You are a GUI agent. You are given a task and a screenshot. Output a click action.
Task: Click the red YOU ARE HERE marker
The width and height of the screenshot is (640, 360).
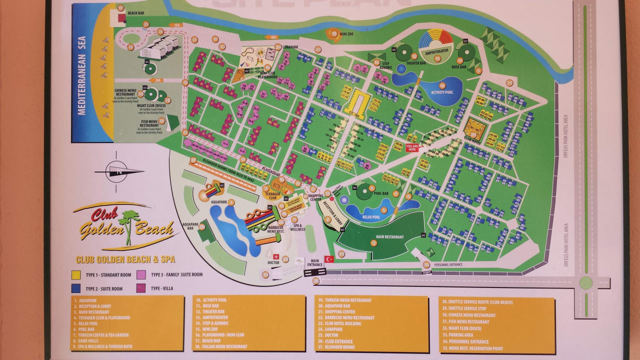[x=412, y=147]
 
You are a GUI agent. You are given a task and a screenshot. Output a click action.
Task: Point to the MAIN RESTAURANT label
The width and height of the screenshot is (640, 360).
[x=389, y=237]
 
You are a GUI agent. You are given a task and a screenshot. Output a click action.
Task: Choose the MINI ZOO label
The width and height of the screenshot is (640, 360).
[x=347, y=34]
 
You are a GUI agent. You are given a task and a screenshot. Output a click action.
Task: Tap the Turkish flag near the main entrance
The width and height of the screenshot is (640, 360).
[x=329, y=259]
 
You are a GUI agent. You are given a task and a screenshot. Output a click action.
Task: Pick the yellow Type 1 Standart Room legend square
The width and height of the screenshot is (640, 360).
[x=75, y=274]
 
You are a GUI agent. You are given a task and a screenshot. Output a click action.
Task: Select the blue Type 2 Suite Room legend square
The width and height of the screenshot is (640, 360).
[x=75, y=288]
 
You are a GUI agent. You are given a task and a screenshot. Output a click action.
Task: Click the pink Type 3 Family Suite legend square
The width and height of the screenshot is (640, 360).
[x=141, y=274]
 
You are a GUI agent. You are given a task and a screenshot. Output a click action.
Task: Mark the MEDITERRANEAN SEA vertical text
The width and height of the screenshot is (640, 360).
[x=82, y=75]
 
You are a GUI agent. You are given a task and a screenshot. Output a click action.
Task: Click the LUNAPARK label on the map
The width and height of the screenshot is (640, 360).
[x=290, y=47]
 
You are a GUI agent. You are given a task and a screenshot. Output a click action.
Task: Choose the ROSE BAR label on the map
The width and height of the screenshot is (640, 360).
[x=458, y=67]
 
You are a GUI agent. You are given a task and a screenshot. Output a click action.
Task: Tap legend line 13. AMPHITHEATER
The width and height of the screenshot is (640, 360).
[x=215, y=317]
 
